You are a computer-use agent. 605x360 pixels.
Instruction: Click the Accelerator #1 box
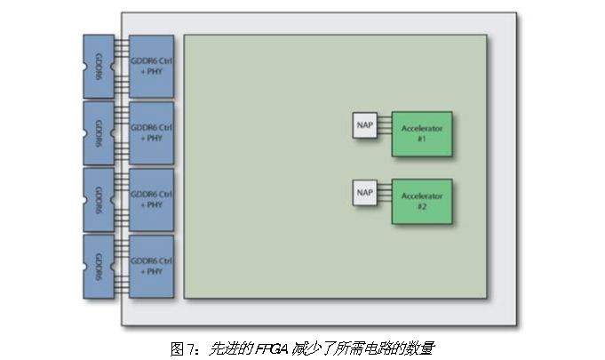421,133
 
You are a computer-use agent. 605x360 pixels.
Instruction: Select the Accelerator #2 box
421,201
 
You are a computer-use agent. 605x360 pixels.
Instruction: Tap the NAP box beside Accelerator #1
364,124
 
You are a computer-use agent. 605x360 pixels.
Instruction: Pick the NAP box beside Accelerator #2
364,192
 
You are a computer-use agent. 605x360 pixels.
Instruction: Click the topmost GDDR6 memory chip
99,67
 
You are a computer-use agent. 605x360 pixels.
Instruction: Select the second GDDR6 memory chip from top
99,132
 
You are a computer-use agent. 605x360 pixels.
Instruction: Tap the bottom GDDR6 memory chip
99,266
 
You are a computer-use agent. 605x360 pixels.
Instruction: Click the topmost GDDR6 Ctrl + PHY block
151,67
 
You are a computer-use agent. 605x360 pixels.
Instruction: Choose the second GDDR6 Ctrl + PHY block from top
151,132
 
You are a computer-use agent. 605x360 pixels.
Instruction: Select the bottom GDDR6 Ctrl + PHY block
151,266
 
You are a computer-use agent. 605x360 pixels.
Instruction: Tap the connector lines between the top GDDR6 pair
122,67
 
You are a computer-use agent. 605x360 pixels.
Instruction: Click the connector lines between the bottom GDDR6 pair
122,266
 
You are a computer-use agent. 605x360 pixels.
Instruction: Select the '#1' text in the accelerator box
422,140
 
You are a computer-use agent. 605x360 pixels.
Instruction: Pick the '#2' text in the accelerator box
422,207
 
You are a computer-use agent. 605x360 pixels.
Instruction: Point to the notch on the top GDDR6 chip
86,67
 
